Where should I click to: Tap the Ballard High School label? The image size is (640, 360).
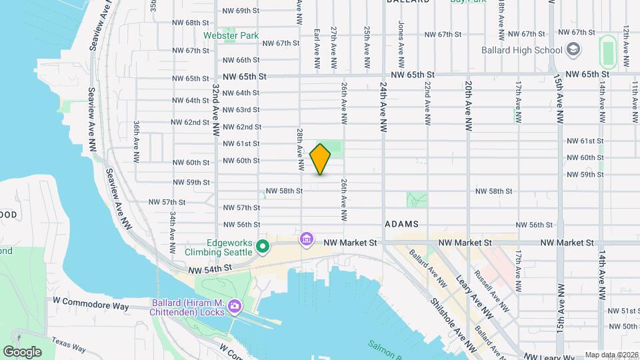coord(523,50)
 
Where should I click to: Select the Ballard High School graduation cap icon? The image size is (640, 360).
coord(573,49)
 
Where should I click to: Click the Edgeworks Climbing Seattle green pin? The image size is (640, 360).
coord(263,247)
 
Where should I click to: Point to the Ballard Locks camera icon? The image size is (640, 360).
coord(234,307)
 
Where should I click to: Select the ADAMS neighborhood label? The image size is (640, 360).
coord(401,225)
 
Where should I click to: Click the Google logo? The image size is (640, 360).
coord(22,351)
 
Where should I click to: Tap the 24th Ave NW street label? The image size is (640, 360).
coord(384,107)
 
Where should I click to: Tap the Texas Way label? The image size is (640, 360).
coord(69,343)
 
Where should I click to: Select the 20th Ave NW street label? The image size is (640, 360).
coord(469,106)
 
